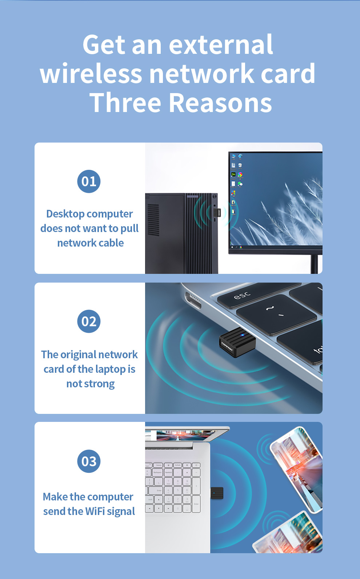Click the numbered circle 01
click(89, 181)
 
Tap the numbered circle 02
click(89, 321)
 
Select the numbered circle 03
click(89, 461)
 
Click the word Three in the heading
click(125, 103)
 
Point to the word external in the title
click(221, 44)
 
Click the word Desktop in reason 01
click(65, 214)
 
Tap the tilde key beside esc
click(276, 314)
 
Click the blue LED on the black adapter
click(242, 335)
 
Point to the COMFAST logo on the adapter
click(227, 347)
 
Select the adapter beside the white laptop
click(217, 493)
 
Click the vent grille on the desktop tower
click(153, 220)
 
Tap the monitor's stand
click(315, 264)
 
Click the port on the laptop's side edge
click(193, 300)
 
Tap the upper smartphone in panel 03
click(297, 470)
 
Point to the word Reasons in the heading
click(220, 103)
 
